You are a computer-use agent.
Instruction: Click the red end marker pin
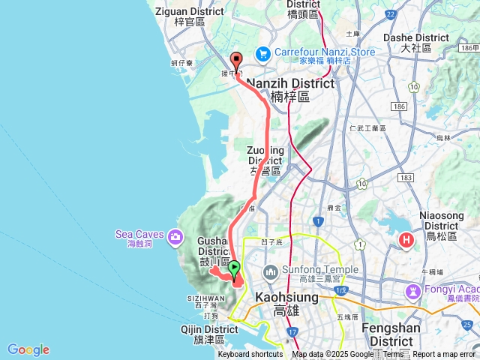[x=236, y=61]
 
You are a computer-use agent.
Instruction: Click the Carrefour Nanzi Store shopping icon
[x=262, y=52]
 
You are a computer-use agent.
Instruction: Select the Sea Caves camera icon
[x=175, y=237]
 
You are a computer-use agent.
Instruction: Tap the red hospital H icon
[x=406, y=240]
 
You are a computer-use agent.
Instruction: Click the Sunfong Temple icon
[x=271, y=270]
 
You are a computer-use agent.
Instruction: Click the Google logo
[x=28, y=349]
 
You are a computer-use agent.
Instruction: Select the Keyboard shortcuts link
[x=250, y=355]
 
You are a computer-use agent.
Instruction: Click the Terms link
[x=394, y=355]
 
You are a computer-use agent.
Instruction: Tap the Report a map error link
[x=444, y=355]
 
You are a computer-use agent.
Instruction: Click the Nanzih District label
[x=290, y=83]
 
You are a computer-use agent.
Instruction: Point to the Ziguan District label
[x=189, y=11]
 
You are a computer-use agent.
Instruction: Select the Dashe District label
[x=415, y=37]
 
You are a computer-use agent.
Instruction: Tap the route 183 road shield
[x=406, y=177]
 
